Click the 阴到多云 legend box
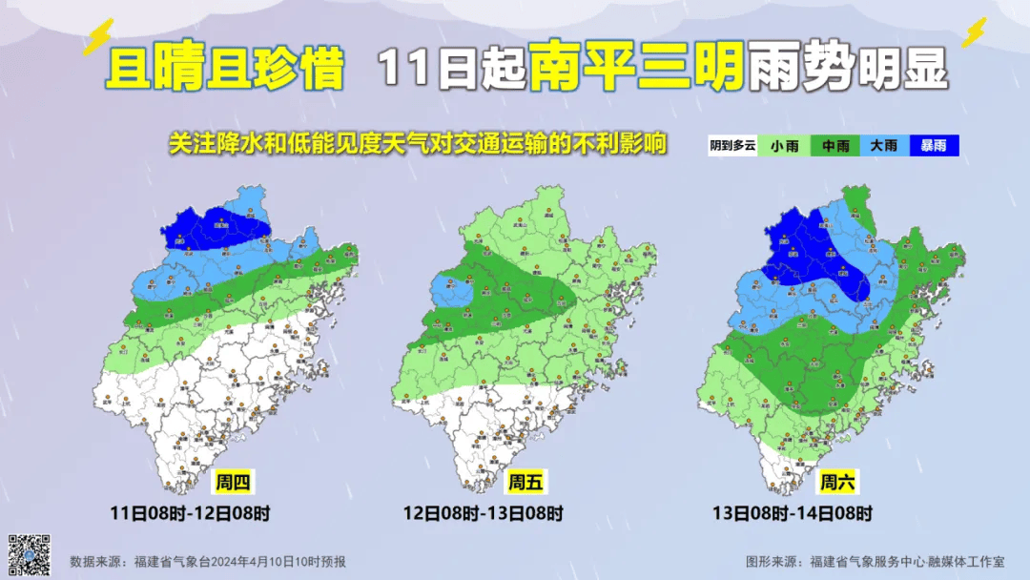732,146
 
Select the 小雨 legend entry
784,146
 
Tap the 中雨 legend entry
835,146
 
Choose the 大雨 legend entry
884,146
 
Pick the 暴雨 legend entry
934,146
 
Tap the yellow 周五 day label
525,483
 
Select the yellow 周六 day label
836,482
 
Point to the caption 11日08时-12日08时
189,513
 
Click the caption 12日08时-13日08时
483,513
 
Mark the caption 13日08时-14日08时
793,513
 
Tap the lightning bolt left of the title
98,37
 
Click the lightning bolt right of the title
974,32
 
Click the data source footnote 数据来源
208,562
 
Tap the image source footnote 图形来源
875,562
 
